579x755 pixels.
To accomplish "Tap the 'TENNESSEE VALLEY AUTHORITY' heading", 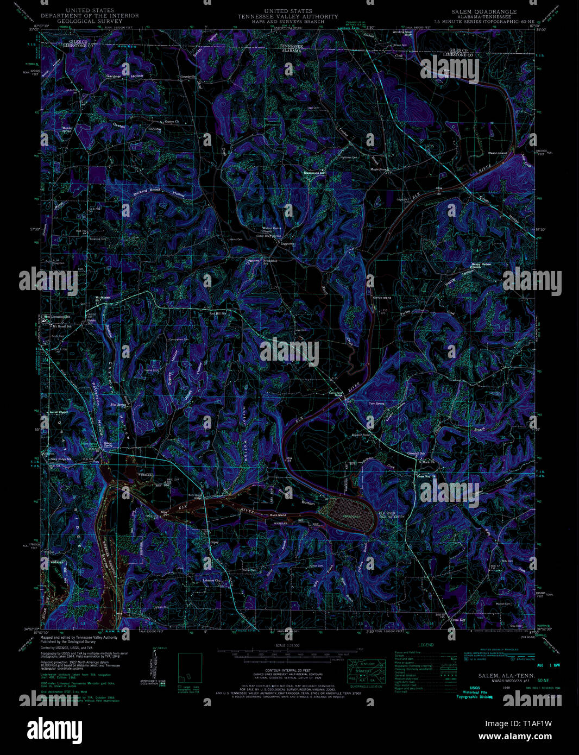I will (288, 16).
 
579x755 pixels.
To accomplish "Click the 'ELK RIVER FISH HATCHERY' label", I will (392, 515).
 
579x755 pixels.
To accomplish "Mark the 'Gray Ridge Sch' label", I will (61, 460).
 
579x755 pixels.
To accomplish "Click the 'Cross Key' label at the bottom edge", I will (458, 619).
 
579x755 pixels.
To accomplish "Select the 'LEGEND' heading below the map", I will (426, 645).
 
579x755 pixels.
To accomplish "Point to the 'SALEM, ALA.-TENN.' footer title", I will (498, 675).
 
